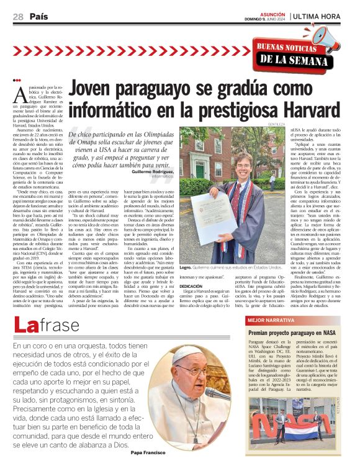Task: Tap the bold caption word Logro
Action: tap(184, 267)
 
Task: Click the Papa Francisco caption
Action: tap(149, 452)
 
